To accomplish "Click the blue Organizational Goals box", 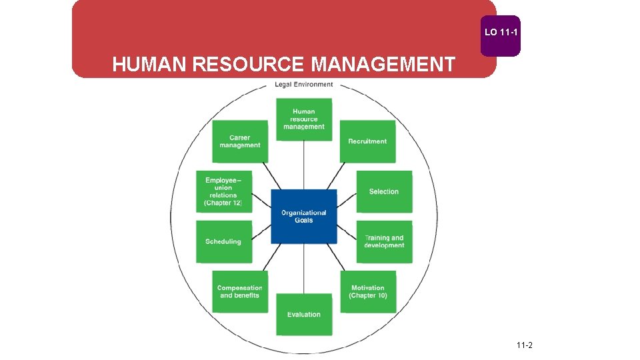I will [x=303, y=217].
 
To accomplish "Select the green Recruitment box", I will [x=367, y=141].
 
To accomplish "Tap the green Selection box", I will [x=384, y=191].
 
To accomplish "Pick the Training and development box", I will [x=384, y=241].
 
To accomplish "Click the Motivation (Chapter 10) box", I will [x=368, y=291].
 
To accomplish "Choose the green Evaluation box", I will [x=304, y=314].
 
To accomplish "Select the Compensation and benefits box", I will [x=240, y=291].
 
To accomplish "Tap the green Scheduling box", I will [x=224, y=241].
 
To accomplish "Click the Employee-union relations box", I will [x=224, y=191].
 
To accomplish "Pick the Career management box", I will [x=240, y=141].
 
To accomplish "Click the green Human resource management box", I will [x=304, y=119].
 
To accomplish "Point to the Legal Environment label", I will [x=304, y=85].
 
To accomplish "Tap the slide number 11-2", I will [x=524, y=345].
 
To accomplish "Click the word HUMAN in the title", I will [x=150, y=65].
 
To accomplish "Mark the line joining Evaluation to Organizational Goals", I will [x=304, y=268].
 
